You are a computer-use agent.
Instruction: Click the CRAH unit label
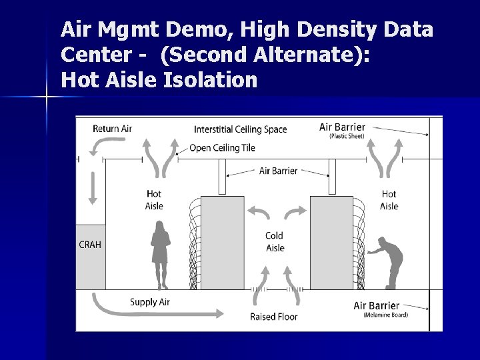tap(90, 245)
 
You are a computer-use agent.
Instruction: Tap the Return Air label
tap(111, 129)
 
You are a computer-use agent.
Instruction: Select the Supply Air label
tap(150, 302)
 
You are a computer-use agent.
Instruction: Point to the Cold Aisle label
tap(275, 241)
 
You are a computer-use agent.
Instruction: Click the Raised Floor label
tap(274, 316)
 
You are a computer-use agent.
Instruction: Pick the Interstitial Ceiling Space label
tap(240, 129)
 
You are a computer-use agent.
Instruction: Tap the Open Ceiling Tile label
tap(222, 148)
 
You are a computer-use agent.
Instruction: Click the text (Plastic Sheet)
tap(347, 137)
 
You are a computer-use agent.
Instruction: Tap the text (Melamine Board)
tap(385, 315)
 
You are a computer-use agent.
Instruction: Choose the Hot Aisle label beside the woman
tap(154, 200)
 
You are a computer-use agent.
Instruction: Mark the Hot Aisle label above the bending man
tap(389, 200)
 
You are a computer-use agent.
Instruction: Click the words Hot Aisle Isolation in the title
tap(159, 81)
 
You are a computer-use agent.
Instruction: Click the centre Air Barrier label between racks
tap(278, 171)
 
